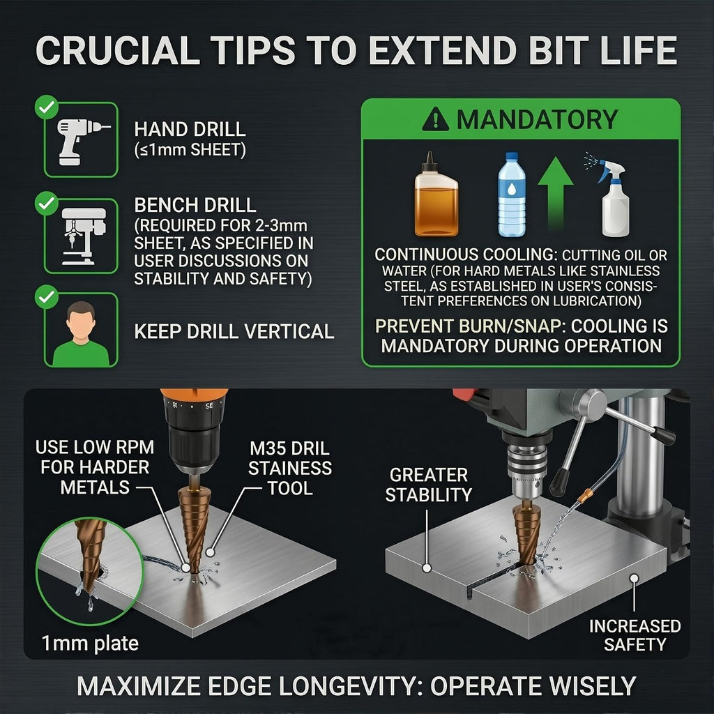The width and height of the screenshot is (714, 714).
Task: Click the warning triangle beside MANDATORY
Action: [435, 119]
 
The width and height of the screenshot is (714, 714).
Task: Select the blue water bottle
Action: [512, 195]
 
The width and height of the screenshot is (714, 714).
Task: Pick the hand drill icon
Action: [82, 141]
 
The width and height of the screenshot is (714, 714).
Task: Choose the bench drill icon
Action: [84, 236]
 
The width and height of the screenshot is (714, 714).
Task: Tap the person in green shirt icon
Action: [81, 334]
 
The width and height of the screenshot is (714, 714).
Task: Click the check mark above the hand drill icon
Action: [47, 107]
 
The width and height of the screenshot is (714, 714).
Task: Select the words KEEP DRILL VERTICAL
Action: [234, 331]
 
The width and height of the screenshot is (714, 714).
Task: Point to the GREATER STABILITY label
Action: [428, 485]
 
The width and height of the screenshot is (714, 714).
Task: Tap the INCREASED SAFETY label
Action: [635, 635]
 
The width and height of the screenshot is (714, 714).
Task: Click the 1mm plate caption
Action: [90, 644]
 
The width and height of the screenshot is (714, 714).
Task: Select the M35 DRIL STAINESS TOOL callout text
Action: [289, 469]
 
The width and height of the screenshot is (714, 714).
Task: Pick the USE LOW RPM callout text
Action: [95, 467]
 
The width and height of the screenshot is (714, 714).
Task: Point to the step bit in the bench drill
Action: [527, 532]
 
